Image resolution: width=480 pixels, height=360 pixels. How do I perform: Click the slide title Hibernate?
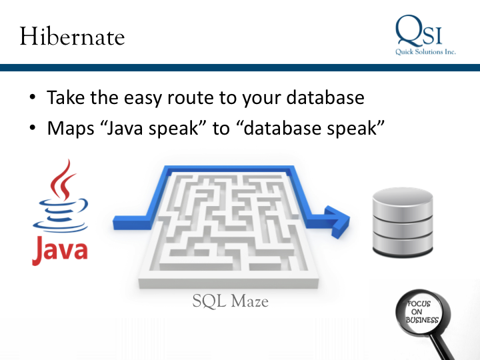tap(72, 36)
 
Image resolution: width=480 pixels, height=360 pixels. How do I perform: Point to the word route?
tap(199, 97)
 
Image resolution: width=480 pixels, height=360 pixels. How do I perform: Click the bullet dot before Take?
tap(32, 99)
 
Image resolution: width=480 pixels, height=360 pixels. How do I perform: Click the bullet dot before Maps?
tap(32, 128)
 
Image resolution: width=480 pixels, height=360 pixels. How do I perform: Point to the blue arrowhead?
tap(339, 217)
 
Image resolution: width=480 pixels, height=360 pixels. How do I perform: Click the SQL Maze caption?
tap(230, 301)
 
